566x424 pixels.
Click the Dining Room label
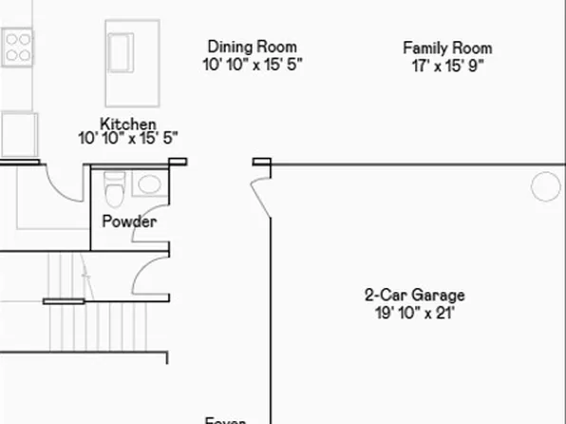pyautogui.click(x=252, y=47)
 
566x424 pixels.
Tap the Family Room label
pyautogui.click(x=447, y=48)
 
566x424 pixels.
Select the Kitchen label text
pyautogui.click(x=128, y=124)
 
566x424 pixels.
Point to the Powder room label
pyautogui.click(x=129, y=222)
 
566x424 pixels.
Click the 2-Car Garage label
pyautogui.click(x=415, y=296)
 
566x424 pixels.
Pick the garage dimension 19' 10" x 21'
pyautogui.click(x=415, y=312)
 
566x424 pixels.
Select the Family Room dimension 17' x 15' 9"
pyautogui.click(x=447, y=66)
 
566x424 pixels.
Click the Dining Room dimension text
pyautogui.click(x=252, y=65)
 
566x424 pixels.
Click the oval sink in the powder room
pyautogui.click(x=148, y=183)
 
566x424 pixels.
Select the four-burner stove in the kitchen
pyautogui.click(x=17, y=46)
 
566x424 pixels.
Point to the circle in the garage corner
pyautogui.click(x=545, y=186)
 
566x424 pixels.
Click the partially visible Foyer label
pyautogui.click(x=226, y=420)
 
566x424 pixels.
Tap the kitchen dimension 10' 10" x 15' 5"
pyautogui.click(x=128, y=139)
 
